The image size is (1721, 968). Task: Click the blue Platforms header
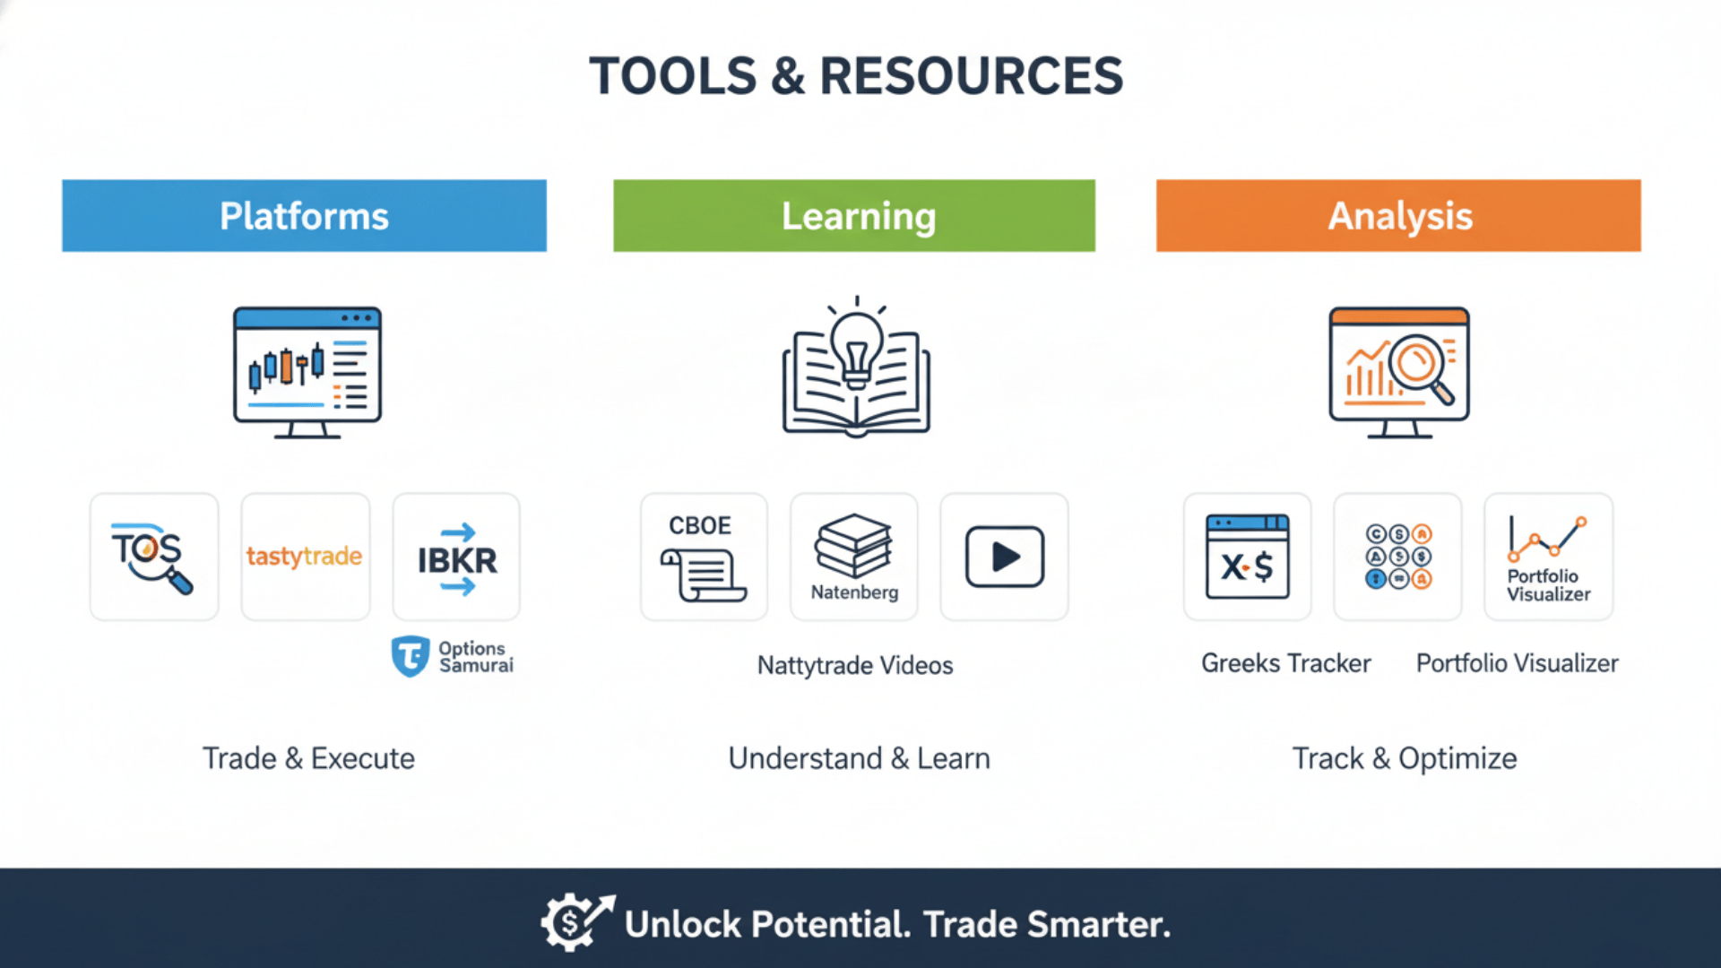304,216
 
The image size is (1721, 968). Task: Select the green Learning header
854,216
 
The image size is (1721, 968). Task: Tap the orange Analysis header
1398,216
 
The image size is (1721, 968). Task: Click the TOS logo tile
154,557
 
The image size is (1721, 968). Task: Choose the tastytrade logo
305,557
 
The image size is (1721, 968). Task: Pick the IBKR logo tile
456,557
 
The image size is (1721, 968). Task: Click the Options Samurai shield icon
411,656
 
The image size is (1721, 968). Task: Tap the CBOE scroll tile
704,557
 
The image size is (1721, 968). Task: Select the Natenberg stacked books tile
854,557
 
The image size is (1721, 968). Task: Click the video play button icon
1004,557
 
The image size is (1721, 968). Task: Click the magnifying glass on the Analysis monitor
1422,367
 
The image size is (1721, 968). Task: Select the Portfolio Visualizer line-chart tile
1548,557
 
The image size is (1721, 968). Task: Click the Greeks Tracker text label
1285,663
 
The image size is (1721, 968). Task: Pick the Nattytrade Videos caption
854,665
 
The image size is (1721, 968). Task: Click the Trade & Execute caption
308,758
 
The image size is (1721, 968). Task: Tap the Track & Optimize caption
1404,758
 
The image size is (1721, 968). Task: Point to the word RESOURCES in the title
971,76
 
